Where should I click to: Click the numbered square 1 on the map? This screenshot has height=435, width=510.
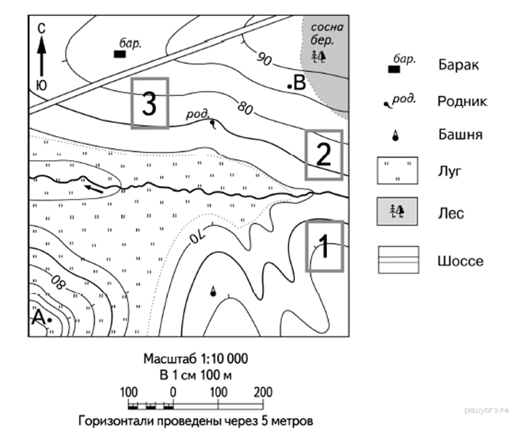[324, 246]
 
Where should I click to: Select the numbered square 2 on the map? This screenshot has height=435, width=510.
[324, 155]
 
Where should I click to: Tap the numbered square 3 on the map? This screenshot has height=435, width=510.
[149, 102]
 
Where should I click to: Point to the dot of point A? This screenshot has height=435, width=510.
[49, 319]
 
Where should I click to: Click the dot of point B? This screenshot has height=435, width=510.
[290, 85]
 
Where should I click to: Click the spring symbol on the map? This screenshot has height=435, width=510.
[212, 123]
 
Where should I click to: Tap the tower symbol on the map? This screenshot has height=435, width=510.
[212, 293]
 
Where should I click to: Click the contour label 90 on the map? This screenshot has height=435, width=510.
[265, 59]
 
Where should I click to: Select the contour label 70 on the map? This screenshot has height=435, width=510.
[195, 232]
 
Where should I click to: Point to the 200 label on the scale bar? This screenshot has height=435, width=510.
[263, 392]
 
